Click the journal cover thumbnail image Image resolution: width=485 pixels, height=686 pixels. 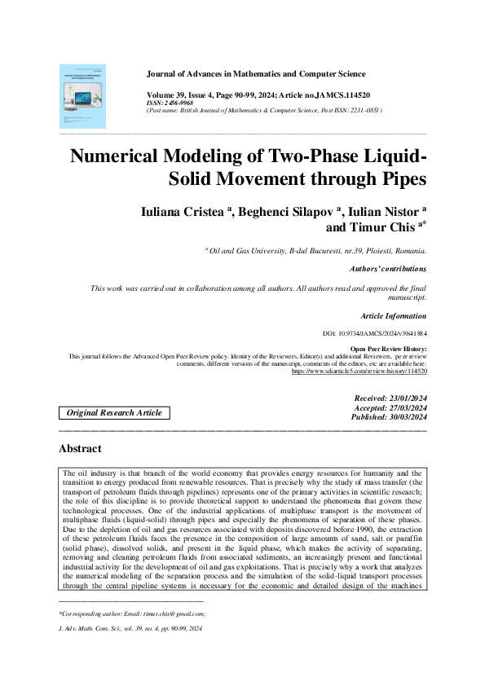(82, 96)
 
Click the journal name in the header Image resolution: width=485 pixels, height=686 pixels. (255, 74)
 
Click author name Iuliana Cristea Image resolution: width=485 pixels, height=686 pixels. (185, 212)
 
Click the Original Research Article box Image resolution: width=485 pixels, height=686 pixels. (114, 413)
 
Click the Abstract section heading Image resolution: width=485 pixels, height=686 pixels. (80, 449)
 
